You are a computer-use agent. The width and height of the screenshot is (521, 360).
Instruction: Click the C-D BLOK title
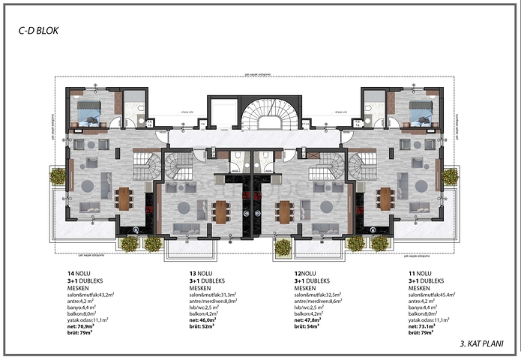38,31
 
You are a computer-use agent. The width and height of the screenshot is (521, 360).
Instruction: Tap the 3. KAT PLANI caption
480,344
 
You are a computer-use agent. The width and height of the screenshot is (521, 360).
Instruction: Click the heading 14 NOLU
77,273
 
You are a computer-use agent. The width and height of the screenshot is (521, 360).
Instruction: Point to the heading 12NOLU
305,273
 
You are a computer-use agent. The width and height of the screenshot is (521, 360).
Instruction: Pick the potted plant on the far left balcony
58,176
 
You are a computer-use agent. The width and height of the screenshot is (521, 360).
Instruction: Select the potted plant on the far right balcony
450,176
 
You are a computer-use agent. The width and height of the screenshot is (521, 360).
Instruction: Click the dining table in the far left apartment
124,198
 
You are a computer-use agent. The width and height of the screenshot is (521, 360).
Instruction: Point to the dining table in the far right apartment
385,198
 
